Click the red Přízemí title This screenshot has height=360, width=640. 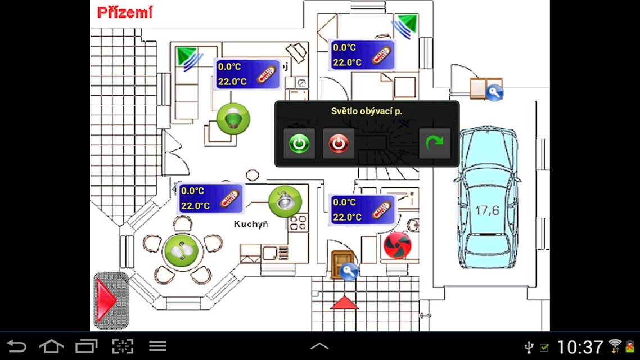click(125, 12)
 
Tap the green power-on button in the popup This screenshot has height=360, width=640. click(299, 143)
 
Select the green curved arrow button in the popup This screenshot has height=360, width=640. click(435, 143)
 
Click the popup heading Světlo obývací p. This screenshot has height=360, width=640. click(367, 111)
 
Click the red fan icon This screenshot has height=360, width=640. click(397, 245)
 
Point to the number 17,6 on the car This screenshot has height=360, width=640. click(488, 210)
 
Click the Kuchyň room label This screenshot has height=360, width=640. click(251, 224)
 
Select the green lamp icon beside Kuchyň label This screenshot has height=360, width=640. click(285, 201)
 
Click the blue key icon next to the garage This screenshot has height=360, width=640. click(494, 92)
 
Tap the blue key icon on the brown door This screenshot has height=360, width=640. click(349, 271)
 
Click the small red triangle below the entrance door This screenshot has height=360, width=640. click(344, 303)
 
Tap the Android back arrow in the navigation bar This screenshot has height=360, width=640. click(17, 346)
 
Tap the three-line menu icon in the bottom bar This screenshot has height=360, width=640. click(157, 346)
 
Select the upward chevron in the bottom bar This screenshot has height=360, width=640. click(319, 346)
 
